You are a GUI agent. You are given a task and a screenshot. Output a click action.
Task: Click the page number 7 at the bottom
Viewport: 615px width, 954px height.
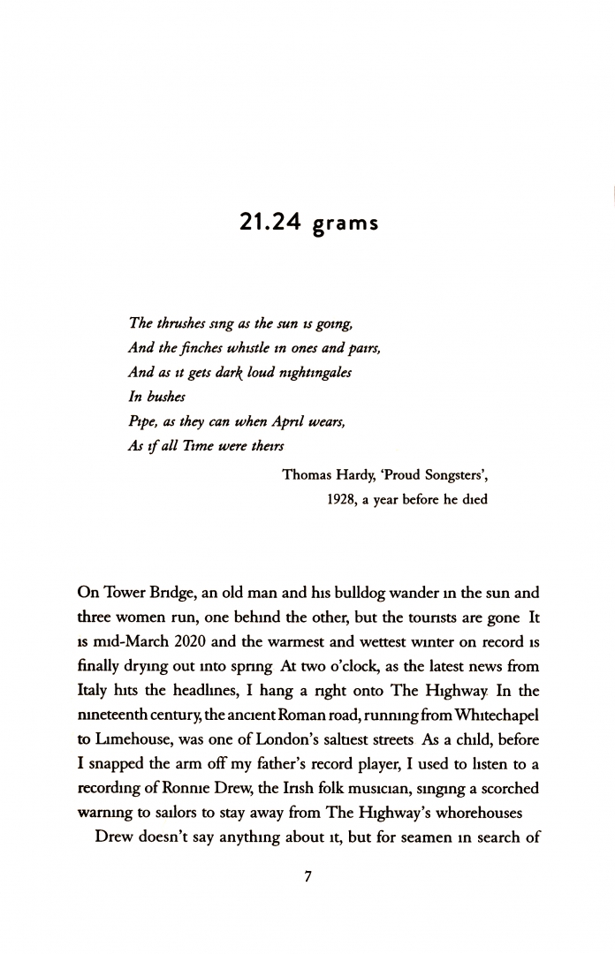[307, 877]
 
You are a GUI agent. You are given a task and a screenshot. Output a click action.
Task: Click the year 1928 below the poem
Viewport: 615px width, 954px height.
[343, 499]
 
